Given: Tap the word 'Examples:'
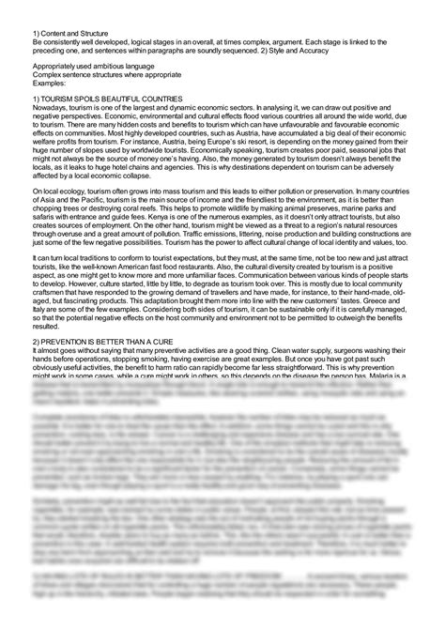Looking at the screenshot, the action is (50, 84).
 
